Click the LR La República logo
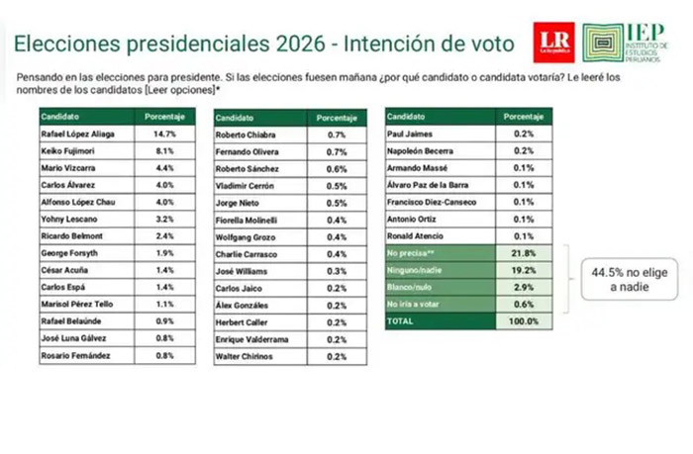click(x=551, y=37)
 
